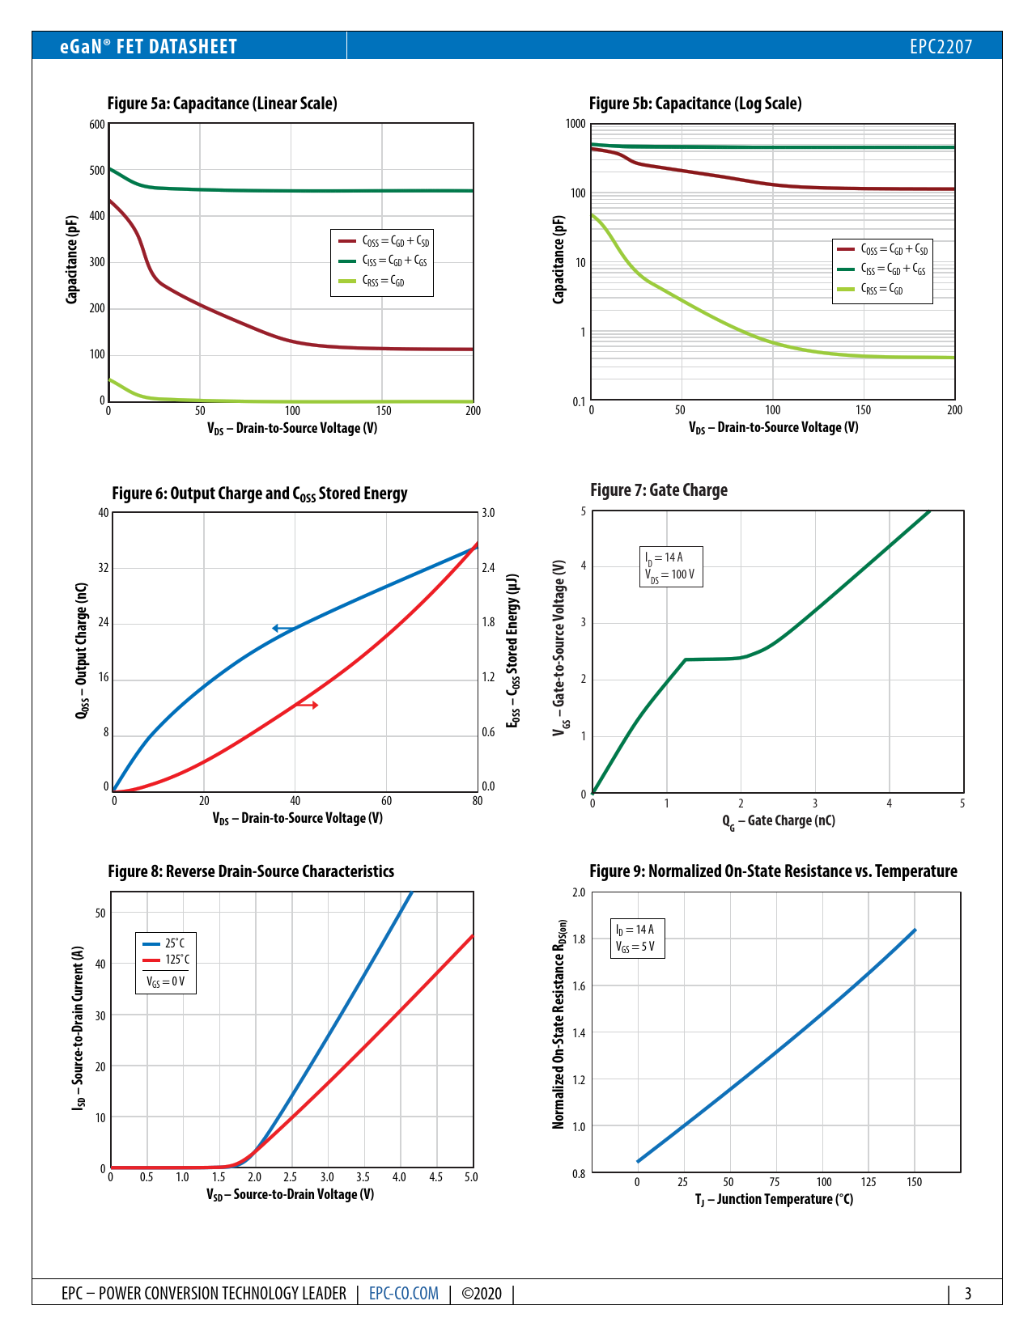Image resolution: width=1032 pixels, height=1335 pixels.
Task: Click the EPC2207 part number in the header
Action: pos(941,47)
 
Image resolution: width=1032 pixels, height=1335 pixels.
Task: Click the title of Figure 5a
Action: pos(223,104)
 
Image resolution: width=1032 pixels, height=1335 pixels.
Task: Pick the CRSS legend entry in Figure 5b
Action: pos(881,289)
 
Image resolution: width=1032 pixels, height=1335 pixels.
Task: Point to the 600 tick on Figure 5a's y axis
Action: pos(97,125)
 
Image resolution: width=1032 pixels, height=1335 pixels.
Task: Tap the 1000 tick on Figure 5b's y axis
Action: pos(575,124)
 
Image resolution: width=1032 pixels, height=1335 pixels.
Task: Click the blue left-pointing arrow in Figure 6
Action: pos(283,628)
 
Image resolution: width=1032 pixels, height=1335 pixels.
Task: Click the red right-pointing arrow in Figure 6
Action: pos(307,706)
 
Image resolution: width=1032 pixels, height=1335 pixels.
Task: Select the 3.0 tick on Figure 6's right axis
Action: pos(488,513)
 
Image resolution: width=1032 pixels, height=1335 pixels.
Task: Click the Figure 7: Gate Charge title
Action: pos(659,490)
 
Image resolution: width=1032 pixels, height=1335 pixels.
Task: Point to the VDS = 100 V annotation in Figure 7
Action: pos(669,574)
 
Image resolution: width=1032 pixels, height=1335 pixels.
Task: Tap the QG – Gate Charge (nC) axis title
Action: pos(779,821)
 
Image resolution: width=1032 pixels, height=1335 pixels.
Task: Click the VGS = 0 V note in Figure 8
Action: pos(165,981)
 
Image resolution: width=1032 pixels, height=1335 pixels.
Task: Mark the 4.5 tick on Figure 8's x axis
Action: pos(435,1177)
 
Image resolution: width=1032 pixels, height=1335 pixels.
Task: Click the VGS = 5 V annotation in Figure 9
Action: pos(635,947)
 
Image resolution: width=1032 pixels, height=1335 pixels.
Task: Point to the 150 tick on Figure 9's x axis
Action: pos(915,1182)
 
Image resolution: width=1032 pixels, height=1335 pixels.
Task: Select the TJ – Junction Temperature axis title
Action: pos(774,1199)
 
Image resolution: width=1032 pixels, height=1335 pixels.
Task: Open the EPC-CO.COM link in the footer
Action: pos(404,1294)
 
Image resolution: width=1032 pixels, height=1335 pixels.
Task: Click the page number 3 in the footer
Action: pos(968,1294)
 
